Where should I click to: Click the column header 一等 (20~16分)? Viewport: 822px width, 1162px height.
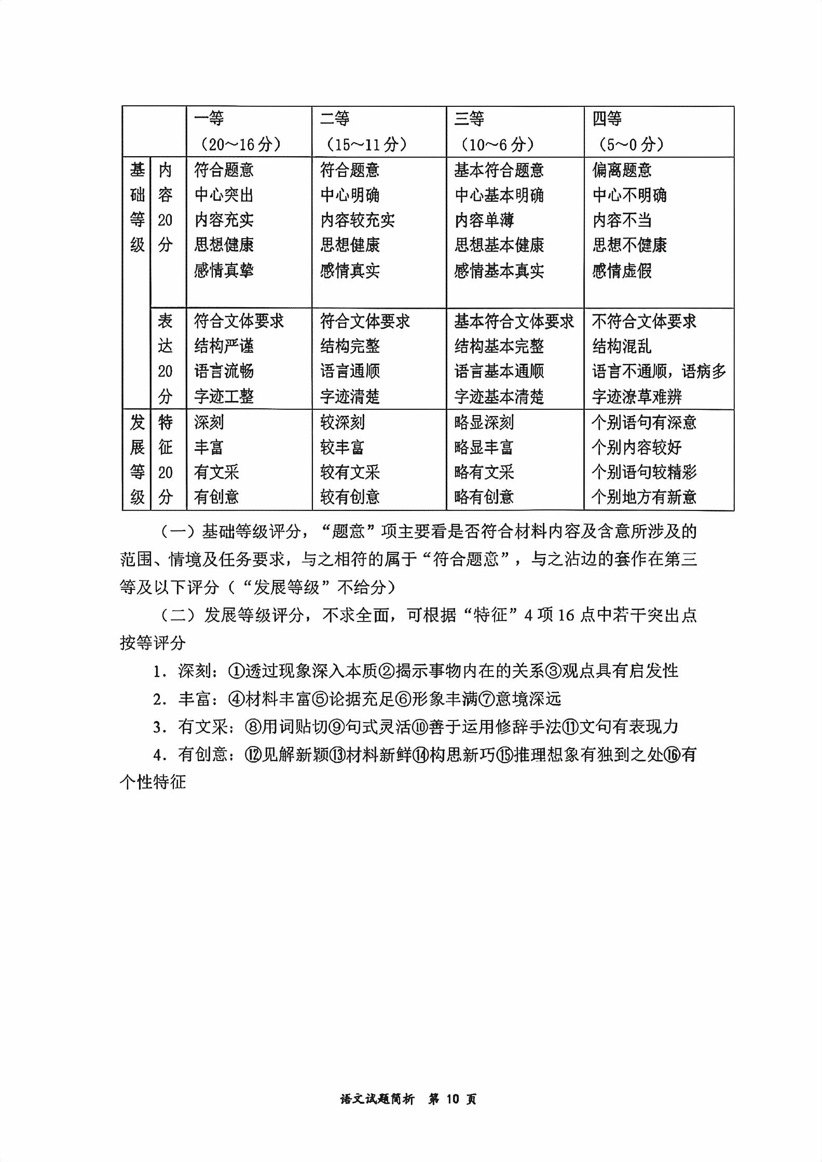(238, 131)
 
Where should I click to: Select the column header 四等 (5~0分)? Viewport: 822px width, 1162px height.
(628, 131)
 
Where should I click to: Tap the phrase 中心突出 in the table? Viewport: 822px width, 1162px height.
(224, 195)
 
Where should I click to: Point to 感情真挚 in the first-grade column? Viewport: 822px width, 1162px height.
(224, 270)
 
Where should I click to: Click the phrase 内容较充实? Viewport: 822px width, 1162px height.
(357, 220)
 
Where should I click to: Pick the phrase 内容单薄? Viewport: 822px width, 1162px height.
(484, 220)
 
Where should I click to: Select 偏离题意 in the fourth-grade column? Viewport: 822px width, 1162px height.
(622, 170)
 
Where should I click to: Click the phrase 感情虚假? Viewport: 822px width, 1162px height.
(622, 270)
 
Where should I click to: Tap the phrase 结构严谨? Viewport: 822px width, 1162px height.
(224, 346)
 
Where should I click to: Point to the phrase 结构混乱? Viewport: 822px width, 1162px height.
(622, 346)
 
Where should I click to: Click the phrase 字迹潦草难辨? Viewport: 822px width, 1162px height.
(637, 396)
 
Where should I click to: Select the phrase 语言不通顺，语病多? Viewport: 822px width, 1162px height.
(659, 371)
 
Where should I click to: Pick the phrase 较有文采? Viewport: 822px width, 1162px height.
(350, 472)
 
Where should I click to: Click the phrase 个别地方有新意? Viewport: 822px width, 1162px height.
(644, 497)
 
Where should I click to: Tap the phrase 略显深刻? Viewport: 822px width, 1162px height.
(484, 422)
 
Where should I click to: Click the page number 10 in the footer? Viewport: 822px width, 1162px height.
(453, 1099)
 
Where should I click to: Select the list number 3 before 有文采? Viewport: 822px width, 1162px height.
(157, 727)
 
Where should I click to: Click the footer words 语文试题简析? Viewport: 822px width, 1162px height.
(377, 1099)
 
